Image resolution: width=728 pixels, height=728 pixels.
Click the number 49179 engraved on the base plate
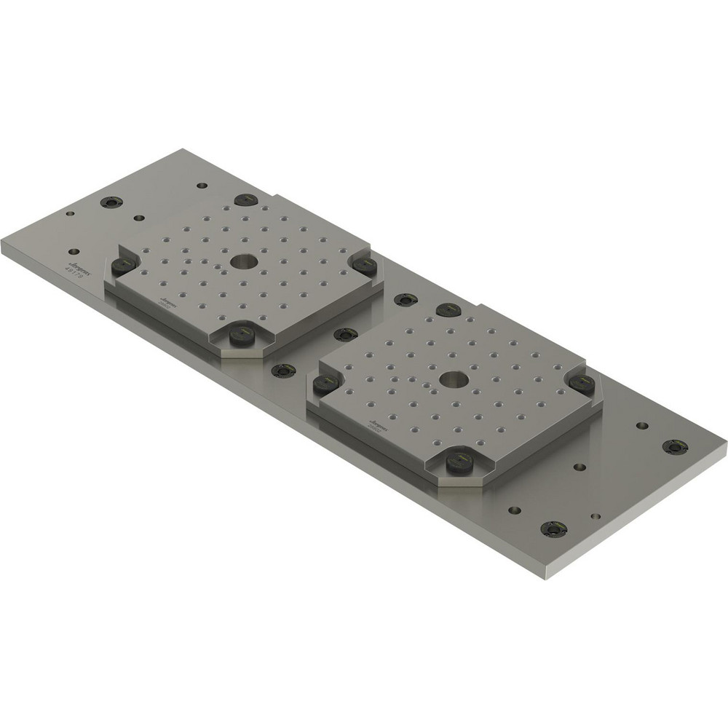74,268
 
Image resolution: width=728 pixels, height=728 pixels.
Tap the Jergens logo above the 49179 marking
76,259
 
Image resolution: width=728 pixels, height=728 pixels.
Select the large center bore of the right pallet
453,379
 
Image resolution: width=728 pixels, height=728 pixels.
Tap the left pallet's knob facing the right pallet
364,265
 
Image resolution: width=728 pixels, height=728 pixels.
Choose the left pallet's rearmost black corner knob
246,199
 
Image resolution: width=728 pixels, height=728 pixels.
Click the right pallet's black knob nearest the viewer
459,459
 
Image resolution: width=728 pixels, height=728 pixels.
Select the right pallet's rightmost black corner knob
581,383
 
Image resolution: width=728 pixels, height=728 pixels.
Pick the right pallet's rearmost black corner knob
448,309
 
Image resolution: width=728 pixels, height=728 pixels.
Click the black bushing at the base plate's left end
111,202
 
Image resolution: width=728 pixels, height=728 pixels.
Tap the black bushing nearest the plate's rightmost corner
675,446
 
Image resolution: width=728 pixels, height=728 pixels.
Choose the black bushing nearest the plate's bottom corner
553,528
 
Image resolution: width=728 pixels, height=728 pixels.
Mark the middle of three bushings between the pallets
345,334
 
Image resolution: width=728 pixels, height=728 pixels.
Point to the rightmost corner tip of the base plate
726,441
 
